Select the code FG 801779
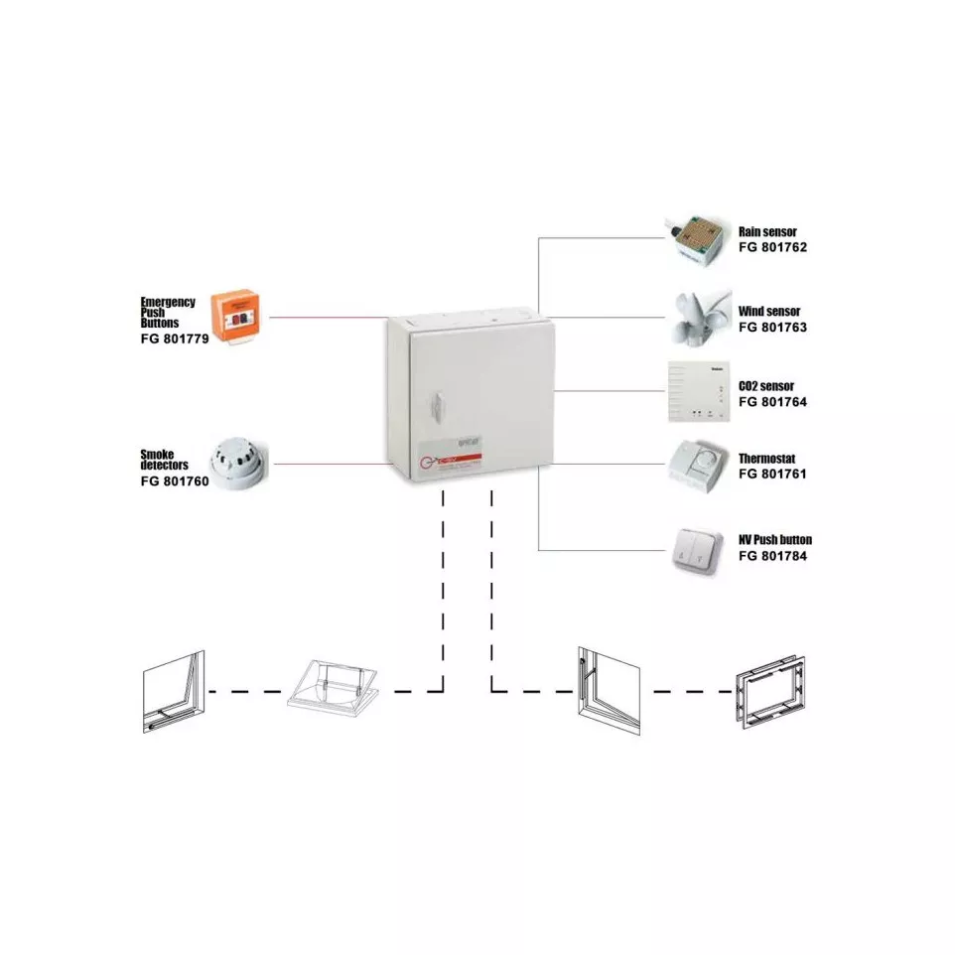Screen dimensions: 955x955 175,338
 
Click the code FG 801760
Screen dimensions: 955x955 174,480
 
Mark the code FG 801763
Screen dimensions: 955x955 772,326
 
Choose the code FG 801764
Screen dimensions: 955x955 772,401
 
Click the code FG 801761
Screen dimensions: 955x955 772,475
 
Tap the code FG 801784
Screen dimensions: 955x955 772,556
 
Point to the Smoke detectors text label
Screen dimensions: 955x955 164,460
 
